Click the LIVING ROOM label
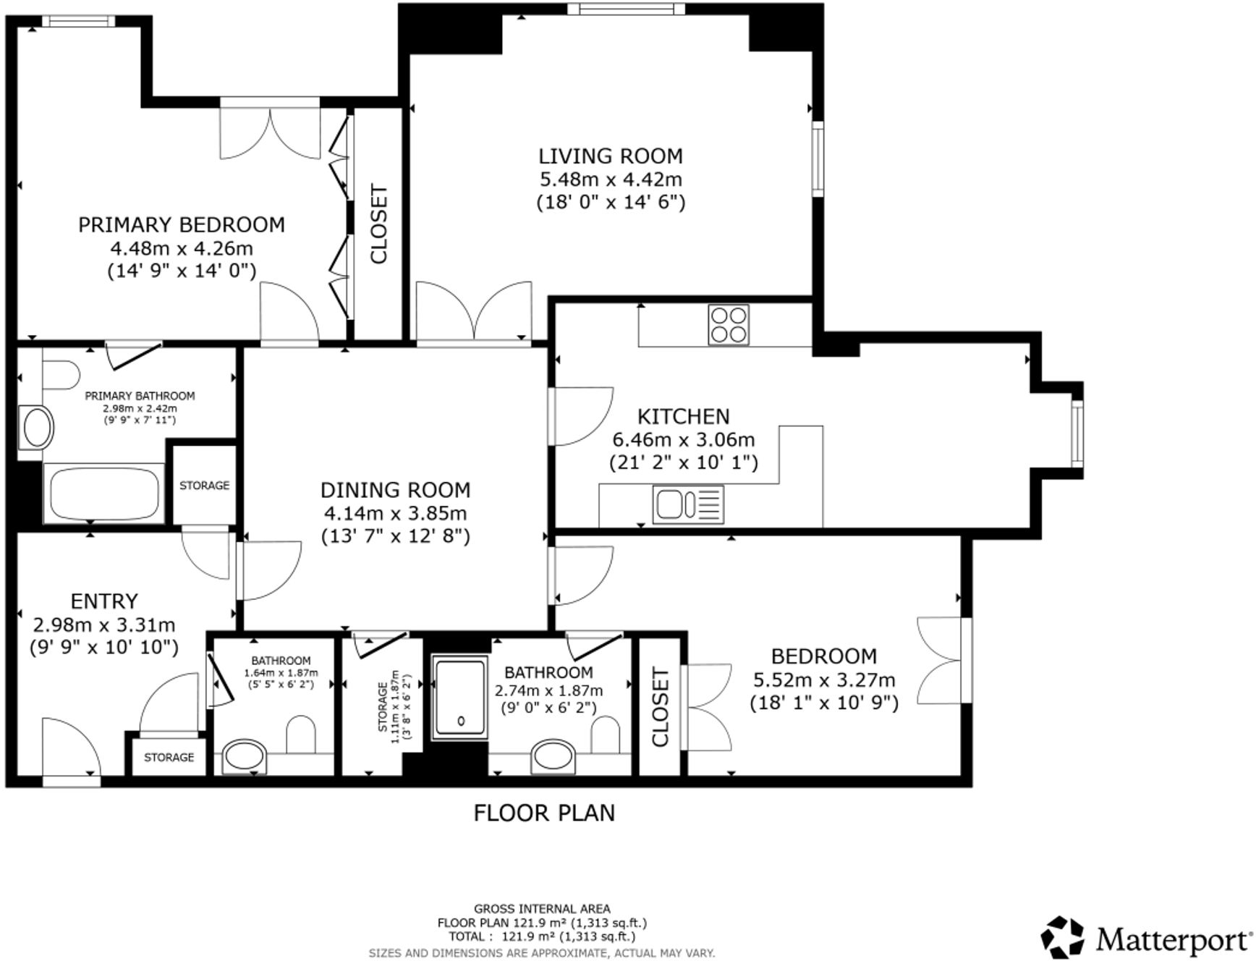point(610,156)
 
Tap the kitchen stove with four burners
point(728,325)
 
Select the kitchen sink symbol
point(687,504)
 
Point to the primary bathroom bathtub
point(103,493)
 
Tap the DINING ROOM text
point(395,490)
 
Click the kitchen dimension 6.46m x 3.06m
point(683,439)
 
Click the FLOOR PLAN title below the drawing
point(543,813)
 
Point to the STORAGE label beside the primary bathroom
point(204,486)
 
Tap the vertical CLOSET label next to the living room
point(378,224)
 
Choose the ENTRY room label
point(103,601)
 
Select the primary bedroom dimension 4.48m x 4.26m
point(181,248)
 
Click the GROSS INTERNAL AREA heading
point(541,908)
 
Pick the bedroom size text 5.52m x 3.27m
point(823,680)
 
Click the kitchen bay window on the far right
point(1078,432)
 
